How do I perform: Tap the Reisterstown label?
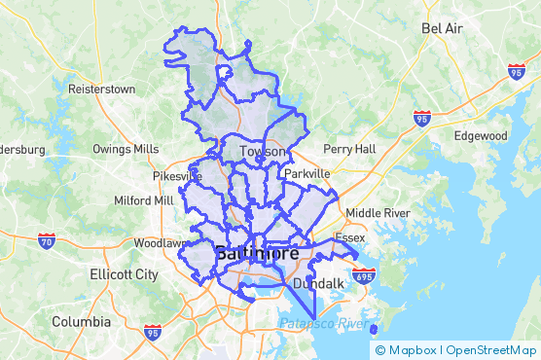coord(101,89)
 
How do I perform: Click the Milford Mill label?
coord(143,200)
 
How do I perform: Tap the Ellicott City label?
coord(122,274)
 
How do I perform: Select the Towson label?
coord(263,152)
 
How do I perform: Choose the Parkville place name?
coord(307,173)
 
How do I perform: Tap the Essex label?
coord(349,237)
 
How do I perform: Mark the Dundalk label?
coord(318,284)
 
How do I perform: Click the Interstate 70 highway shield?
coord(47,240)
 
